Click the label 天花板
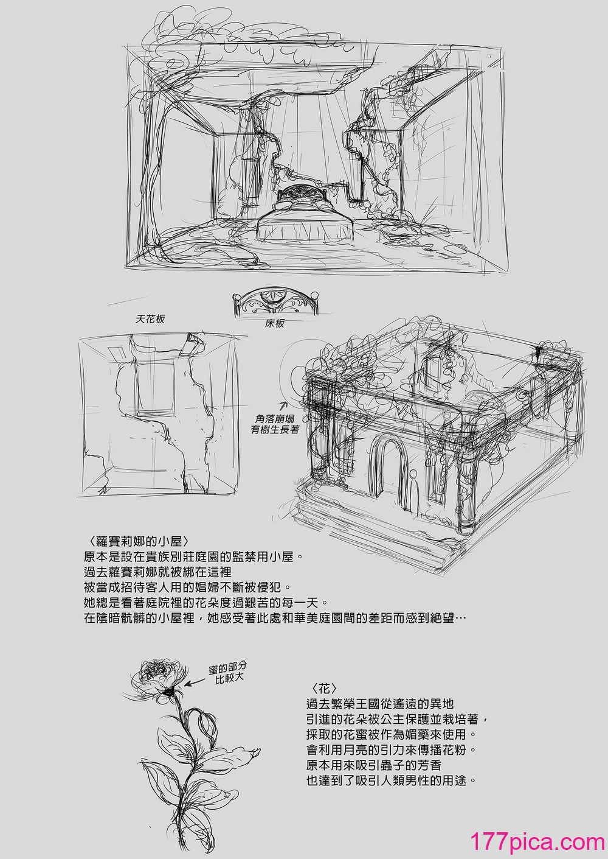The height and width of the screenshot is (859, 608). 150,319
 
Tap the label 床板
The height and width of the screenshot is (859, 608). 275,323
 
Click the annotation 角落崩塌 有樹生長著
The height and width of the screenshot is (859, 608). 275,424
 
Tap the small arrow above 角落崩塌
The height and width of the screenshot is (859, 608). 284,404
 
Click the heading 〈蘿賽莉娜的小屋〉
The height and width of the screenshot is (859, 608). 137,541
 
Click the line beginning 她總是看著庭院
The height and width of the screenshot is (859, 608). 201,603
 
